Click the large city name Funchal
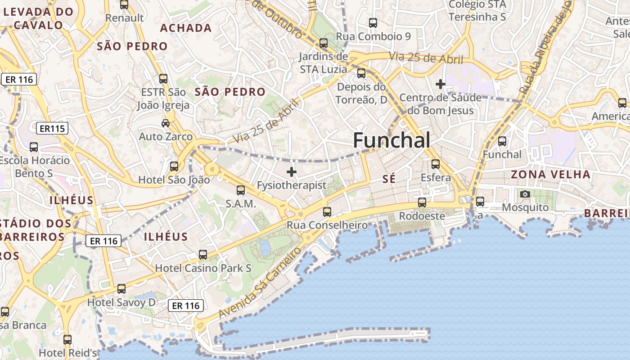[x=391, y=140]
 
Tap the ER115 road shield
[x=53, y=129]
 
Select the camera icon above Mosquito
[x=525, y=194]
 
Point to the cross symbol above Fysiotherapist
[x=292, y=172]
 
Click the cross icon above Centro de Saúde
[x=441, y=84]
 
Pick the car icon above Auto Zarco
[x=166, y=123]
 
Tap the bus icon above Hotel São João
[x=174, y=167]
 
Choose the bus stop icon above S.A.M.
[x=241, y=190]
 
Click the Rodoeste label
[x=422, y=216]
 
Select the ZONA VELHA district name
[x=550, y=175]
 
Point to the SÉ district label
[x=389, y=179]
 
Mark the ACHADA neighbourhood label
[x=186, y=28]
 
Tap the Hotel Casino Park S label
[x=203, y=269]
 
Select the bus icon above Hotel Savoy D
[x=121, y=289]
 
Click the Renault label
[x=124, y=18]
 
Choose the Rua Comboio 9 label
[x=373, y=36]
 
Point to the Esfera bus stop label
[x=436, y=178]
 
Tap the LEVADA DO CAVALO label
[x=38, y=18]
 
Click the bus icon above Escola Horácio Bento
[x=34, y=147]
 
